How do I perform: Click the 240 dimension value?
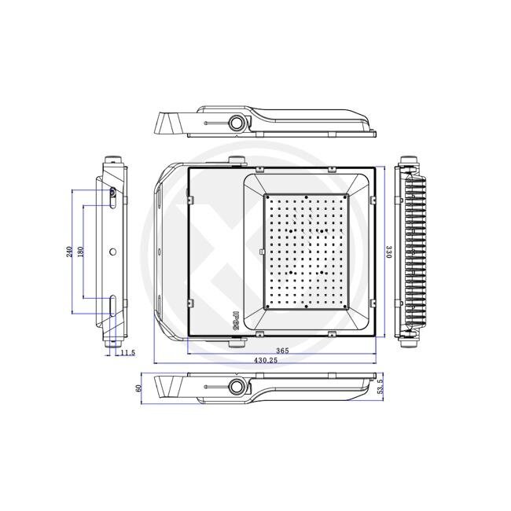coord(70,252)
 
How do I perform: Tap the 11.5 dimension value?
coord(127,353)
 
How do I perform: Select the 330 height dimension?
coord(388,252)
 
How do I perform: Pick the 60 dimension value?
coord(138,388)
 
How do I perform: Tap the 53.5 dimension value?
coord(380,388)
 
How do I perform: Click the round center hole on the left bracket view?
coord(112,252)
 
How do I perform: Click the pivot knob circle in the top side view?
coord(236,122)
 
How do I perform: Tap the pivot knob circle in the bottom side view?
coord(236,385)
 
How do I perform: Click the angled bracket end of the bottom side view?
coord(165,387)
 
